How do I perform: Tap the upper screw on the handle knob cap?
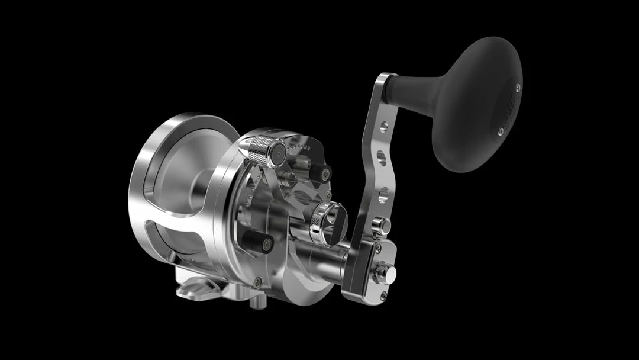pyautogui.click(x=518, y=88)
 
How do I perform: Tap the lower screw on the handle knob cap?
pyautogui.click(x=500, y=131)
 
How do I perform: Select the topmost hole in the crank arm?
pyautogui.click(x=384, y=126)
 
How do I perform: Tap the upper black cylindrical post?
pyautogui.click(x=321, y=173)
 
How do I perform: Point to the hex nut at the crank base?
pyautogui.click(x=386, y=273)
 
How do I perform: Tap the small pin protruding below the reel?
pyautogui.click(x=254, y=302)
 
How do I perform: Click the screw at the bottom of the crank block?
pyautogui.click(x=384, y=294)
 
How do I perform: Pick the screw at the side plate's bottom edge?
pyautogui.click(x=257, y=282)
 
